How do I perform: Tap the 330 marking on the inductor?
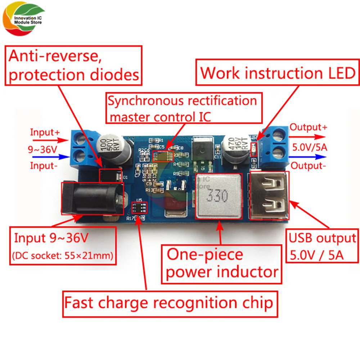217,196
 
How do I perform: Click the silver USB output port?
268,196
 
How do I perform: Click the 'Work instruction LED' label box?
278,73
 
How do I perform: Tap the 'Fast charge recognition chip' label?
168,303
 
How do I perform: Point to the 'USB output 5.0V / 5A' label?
322,246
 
